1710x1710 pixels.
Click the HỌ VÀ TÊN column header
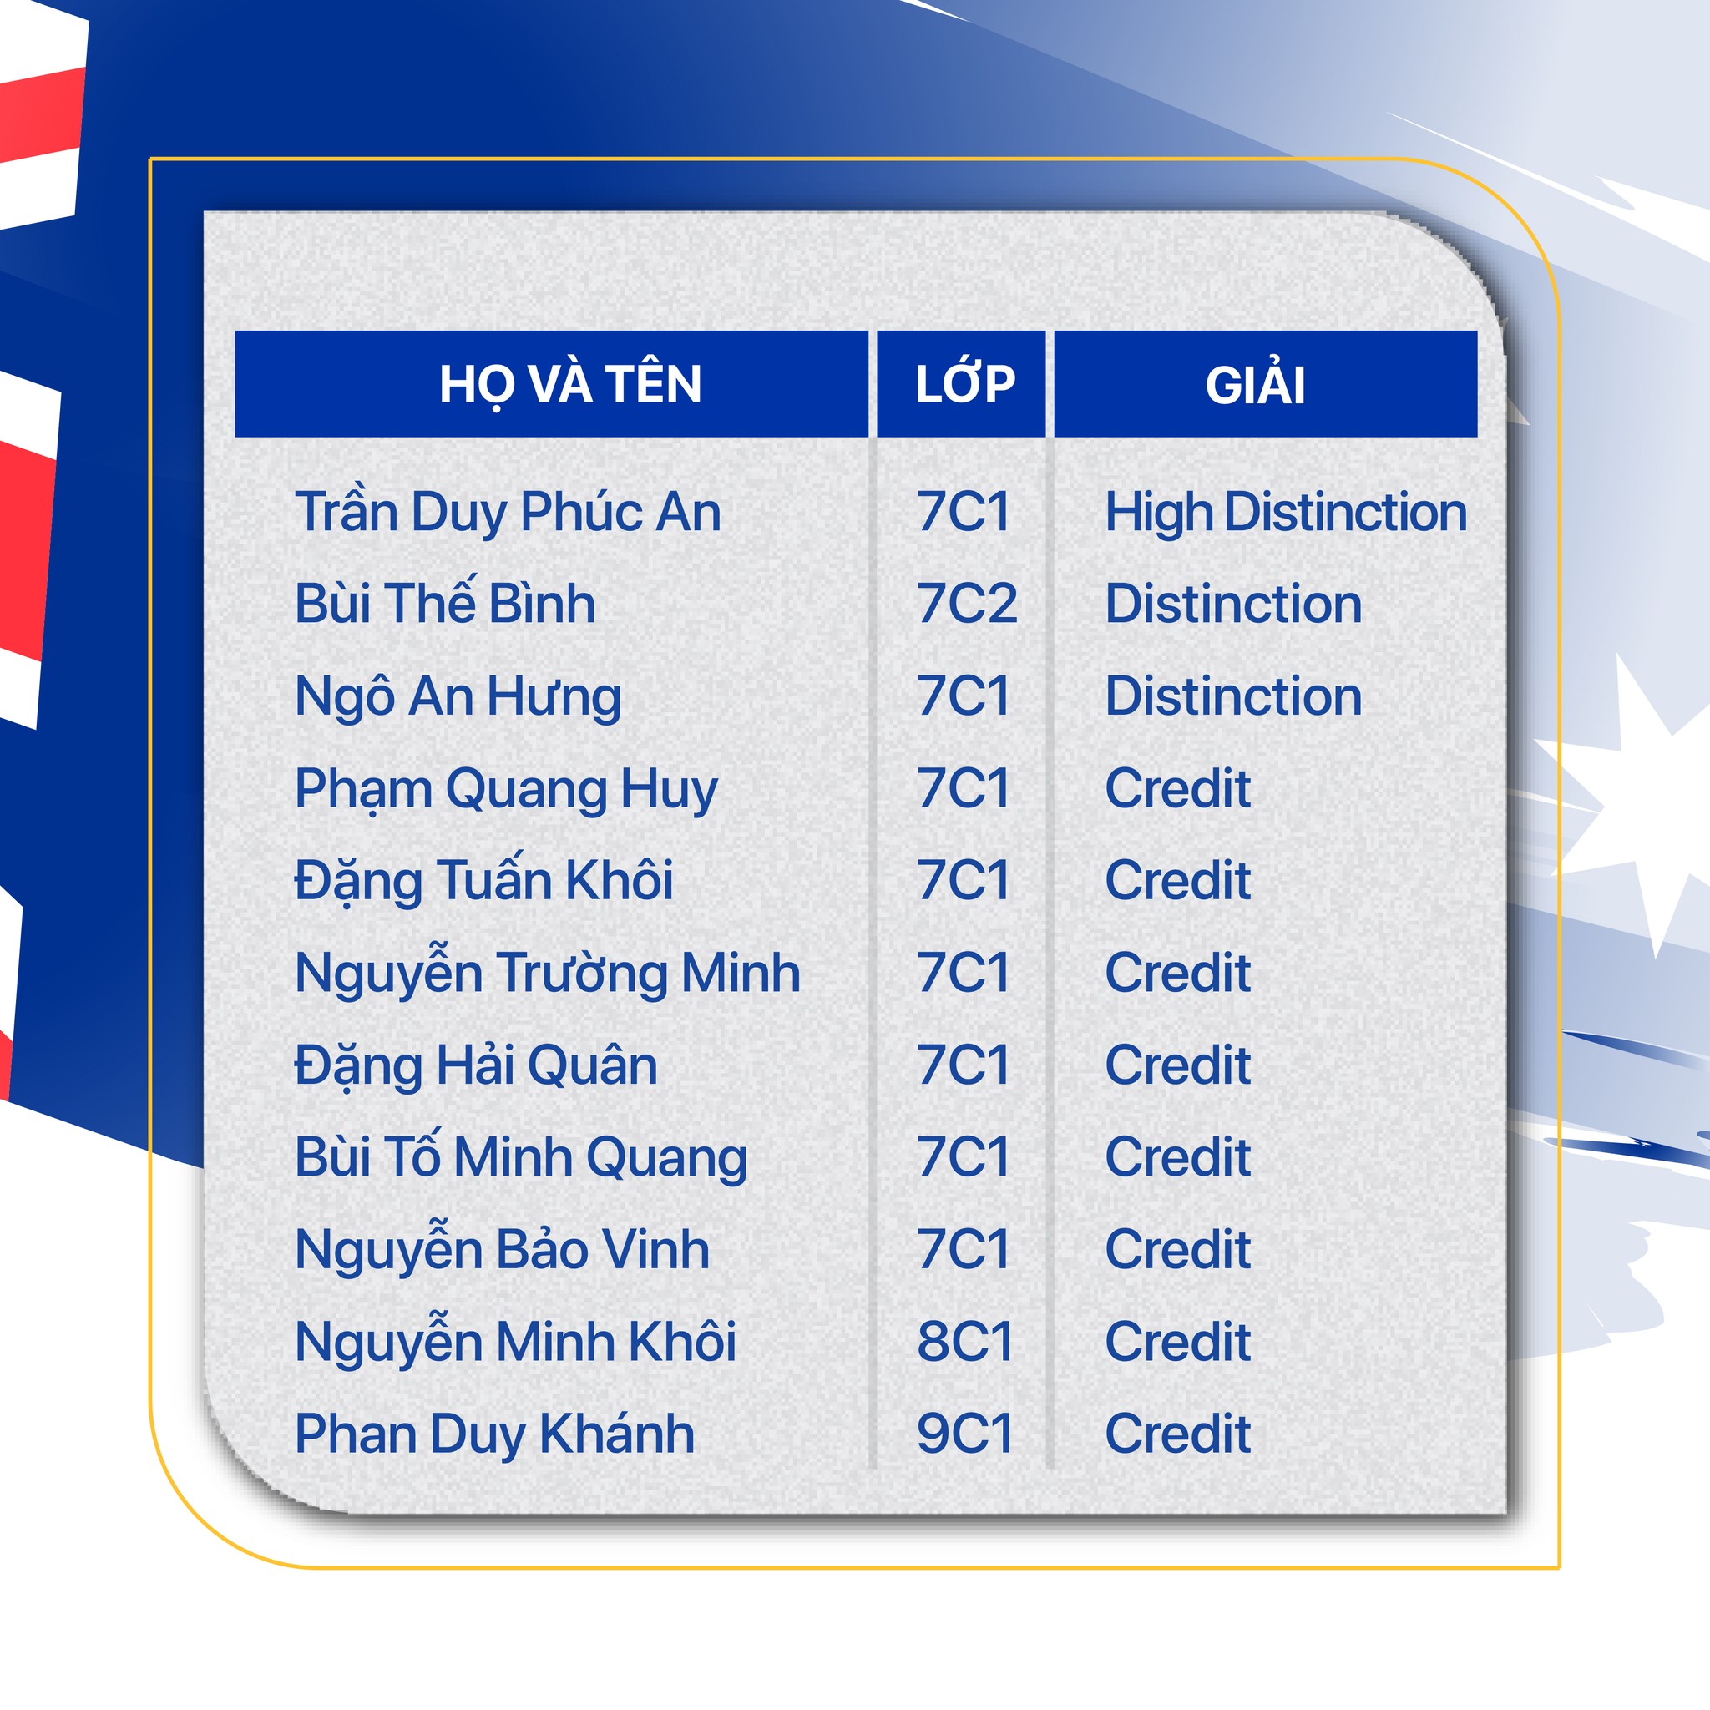tap(570, 385)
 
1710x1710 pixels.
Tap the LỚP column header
tap(964, 383)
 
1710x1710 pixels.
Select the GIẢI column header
tap(1255, 384)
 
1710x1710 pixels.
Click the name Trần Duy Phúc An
tap(508, 514)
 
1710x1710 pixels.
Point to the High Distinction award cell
tap(1286, 514)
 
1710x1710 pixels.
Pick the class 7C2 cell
tap(967, 604)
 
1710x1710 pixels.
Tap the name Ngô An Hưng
tap(458, 697)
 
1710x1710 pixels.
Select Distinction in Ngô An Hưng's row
tap(1234, 696)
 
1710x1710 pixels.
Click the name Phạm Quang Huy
tap(506, 791)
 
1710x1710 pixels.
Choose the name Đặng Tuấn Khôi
tap(484, 882)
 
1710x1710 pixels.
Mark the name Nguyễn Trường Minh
tap(548, 973)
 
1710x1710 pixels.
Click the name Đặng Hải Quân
tap(476, 1065)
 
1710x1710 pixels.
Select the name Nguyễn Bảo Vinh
tap(503, 1249)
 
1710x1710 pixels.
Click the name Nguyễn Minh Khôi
tap(516, 1342)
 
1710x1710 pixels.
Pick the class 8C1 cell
tap(964, 1342)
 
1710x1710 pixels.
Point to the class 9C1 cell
tap(964, 1434)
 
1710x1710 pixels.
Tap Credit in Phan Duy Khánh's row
tap(1178, 1434)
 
